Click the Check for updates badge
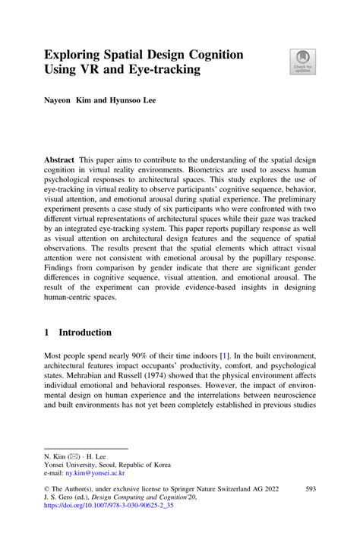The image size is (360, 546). tap(302, 62)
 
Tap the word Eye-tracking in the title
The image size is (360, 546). tap(163, 71)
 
